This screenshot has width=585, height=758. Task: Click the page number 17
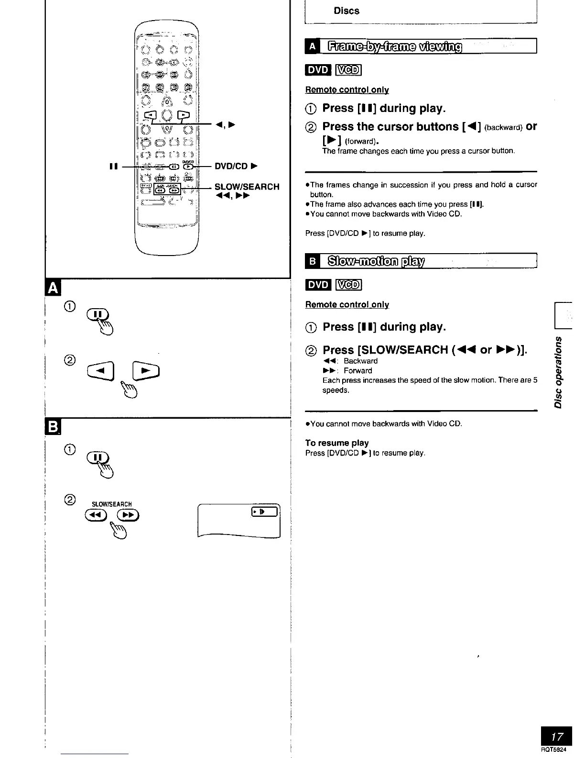[556, 736]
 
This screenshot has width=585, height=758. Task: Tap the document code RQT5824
[556, 750]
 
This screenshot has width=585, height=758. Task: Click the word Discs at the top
[347, 11]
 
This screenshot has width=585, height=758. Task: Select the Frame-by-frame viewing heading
[395, 46]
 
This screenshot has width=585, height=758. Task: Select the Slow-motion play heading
[377, 261]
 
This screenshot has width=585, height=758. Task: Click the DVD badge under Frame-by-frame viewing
[318, 70]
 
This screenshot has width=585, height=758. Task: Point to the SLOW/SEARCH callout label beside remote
[247, 187]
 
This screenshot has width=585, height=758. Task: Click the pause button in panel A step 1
[97, 314]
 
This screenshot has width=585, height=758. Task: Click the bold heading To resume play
[337, 443]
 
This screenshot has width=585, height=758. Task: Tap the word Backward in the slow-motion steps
[360, 361]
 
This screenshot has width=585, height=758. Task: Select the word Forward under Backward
[357, 370]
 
